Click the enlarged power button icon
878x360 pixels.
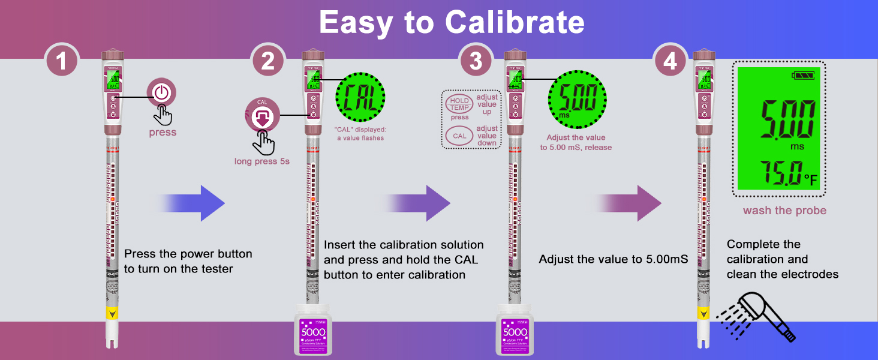tap(161, 93)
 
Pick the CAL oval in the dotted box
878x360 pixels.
tap(459, 136)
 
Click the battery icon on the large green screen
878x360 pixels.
tap(804, 76)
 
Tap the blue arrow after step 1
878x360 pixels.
tap(192, 203)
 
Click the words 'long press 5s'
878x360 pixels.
tap(261, 161)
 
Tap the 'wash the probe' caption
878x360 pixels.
tap(784, 211)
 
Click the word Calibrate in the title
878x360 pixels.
tap(514, 23)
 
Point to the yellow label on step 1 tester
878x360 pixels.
tap(112, 313)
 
